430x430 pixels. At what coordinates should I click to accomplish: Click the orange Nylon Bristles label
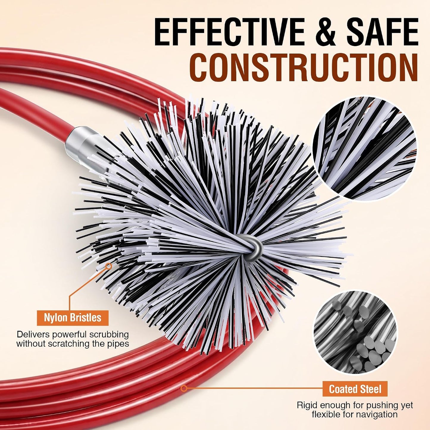coord(73,318)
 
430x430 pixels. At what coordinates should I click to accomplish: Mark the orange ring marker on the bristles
coord(109,265)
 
